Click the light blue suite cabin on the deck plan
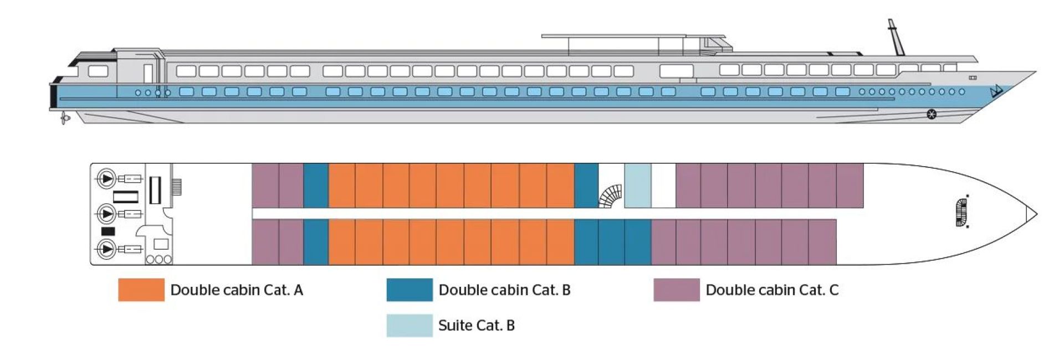[637, 185]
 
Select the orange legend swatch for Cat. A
[141, 290]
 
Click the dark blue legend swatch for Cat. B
[410, 290]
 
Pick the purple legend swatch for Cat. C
[677, 290]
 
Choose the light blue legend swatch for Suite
[410, 325]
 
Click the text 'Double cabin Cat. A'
[237, 290]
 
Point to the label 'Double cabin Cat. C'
[772, 290]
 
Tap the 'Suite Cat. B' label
[477, 326]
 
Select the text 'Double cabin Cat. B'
[504, 290]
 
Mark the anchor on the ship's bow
[997, 91]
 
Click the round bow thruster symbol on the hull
[932, 115]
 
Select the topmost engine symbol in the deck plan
[106, 178]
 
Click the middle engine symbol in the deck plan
[106, 213]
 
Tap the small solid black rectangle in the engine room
[108, 231]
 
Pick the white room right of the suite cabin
[663, 185]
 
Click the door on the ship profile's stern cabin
[148, 73]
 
